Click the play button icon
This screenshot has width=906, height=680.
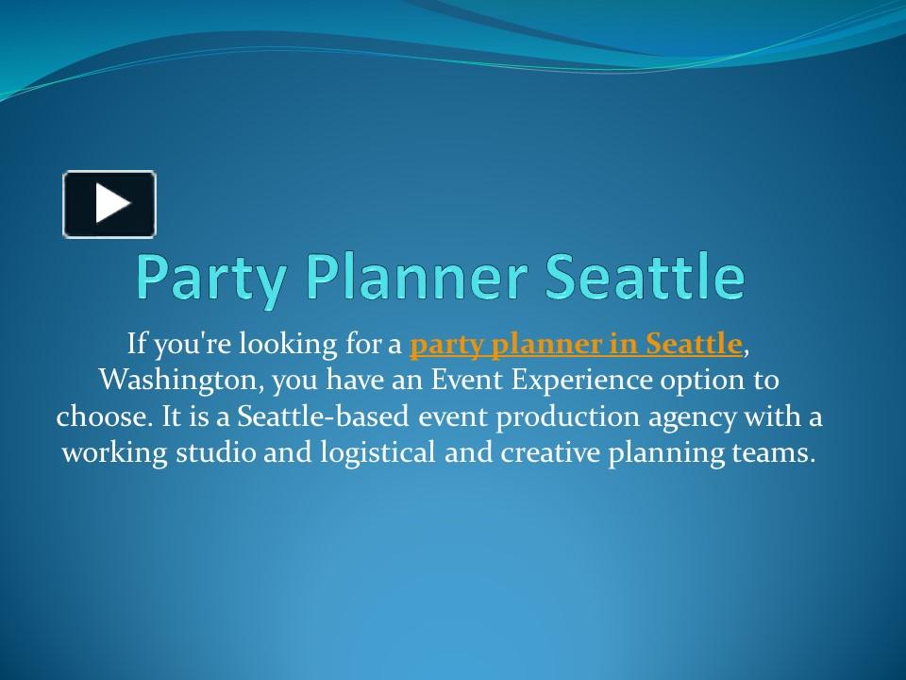click(109, 204)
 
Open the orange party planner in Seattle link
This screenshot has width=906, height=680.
click(577, 346)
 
